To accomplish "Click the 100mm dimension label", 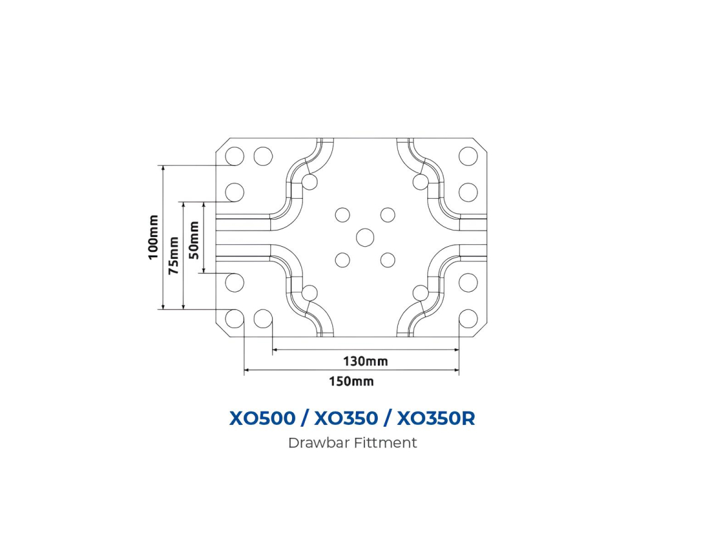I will pos(153,237).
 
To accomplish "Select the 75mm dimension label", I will pos(174,256).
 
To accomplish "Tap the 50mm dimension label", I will pos(194,239).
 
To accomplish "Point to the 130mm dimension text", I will pos(365,361).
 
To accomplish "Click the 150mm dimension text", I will pos(351,382).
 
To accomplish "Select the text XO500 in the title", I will pos(262,418).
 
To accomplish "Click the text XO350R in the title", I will pos(435,418).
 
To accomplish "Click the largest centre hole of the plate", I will pos(365,237).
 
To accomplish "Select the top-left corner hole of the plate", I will pos(235,156).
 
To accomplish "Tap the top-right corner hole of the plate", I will pos(468,156).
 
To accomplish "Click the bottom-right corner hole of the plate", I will pos(468,318).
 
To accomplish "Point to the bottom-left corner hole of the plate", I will pos(235,318).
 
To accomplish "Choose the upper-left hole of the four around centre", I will pos(343,215).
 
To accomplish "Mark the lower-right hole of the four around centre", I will pos(388,260).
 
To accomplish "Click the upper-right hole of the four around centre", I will pos(388,215).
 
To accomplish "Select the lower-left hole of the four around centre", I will pos(343,260).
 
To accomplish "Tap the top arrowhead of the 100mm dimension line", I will pos(163,168).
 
